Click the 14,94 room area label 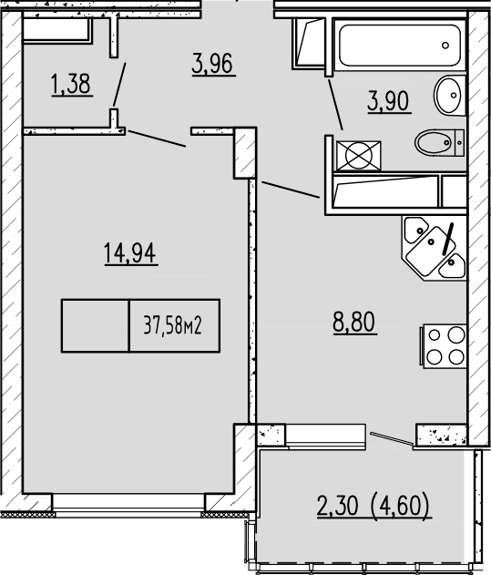coord(131,252)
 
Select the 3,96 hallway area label coord(214,66)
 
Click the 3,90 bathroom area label coord(389,99)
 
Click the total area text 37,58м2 coord(173,325)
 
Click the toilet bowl coord(437,143)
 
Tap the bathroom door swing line coord(333,102)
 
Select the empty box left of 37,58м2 coord(96,325)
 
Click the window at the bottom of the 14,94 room coord(128,503)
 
